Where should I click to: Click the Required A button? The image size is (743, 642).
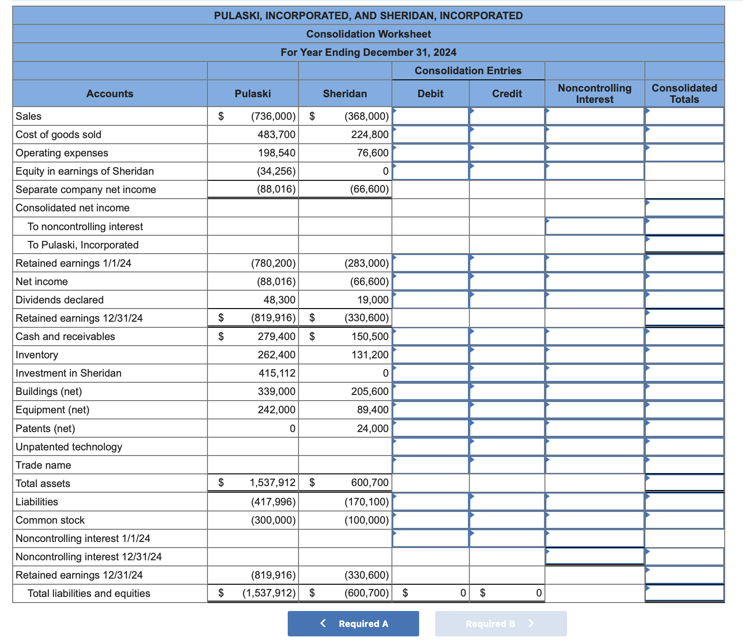click(353, 623)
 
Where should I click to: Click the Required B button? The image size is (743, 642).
click(500, 623)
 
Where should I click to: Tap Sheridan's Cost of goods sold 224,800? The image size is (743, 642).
click(370, 135)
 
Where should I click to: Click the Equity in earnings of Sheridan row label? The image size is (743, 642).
click(84, 171)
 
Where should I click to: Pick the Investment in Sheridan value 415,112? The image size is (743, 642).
click(276, 373)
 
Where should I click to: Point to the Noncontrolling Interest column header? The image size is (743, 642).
click(594, 93)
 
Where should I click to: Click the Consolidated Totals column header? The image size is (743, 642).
click(684, 93)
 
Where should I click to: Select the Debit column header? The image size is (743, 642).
click(430, 93)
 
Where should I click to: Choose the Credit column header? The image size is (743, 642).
click(506, 93)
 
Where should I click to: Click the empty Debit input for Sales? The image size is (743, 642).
click(430, 116)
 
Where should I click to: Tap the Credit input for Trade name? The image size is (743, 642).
click(507, 465)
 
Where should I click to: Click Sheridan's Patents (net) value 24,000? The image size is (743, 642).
click(373, 428)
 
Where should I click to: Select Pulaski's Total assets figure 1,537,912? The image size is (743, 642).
click(272, 483)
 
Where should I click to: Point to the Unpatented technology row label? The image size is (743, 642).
click(69, 447)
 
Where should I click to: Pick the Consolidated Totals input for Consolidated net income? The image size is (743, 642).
click(684, 208)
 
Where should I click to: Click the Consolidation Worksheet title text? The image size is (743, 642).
click(368, 34)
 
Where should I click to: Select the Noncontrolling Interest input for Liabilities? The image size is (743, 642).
click(594, 502)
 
